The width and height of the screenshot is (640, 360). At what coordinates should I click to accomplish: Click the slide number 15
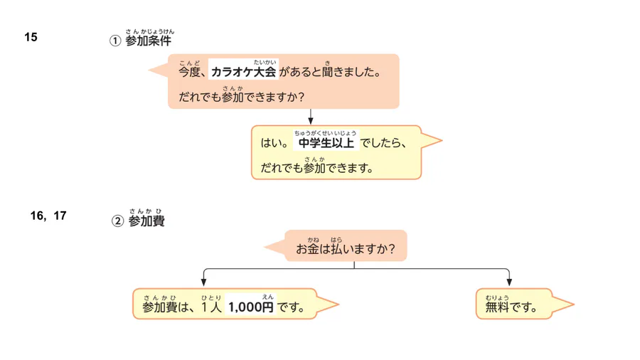click(x=31, y=37)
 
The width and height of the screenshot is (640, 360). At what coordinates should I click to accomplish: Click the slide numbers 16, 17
click(x=48, y=216)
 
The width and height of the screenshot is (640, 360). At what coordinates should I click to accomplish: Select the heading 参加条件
click(x=148, y=41)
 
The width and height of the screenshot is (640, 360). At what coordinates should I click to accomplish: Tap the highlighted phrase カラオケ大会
click(x=243, y=73)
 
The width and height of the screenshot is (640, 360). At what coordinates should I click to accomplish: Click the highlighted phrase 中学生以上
click(x=326, y=143)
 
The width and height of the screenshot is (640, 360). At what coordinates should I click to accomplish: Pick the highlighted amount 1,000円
click(x=250, y=308)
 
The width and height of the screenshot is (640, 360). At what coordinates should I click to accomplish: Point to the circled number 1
click(x=114, y=41)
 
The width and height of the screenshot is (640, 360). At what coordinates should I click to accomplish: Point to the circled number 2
click(x=117, y=222)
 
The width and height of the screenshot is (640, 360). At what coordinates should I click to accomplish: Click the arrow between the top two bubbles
click(x=311, y=117)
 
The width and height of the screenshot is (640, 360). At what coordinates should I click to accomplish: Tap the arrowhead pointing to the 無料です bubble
click(x=509, y=282)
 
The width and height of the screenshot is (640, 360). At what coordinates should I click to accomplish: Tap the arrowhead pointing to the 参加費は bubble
click(x=204, y=282)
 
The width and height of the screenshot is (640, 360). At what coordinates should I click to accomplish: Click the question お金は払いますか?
click(x=346, y=250)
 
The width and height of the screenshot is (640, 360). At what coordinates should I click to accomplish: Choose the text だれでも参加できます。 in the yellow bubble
click(x=316, y=169)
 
